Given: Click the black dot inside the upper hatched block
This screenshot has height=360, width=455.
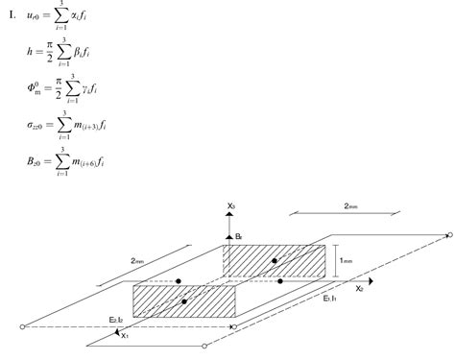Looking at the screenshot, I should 275,260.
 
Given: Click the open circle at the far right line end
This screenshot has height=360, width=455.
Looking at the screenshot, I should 449,233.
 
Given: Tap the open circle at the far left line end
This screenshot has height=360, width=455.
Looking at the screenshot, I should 22,327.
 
